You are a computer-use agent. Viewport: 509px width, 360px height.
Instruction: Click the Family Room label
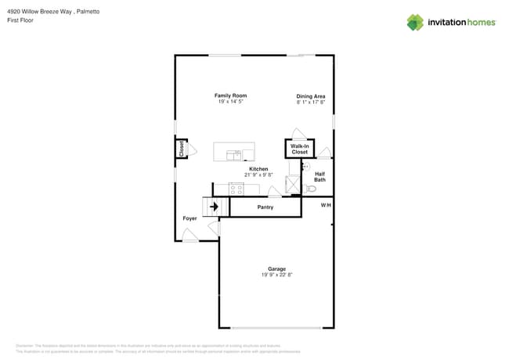(x=230, y=95)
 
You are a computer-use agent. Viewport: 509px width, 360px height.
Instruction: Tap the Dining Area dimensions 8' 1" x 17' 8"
(x=311, y=103)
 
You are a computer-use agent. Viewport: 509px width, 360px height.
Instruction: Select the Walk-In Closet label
(x=299, y=149)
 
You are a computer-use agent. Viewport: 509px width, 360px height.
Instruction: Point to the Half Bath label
(x=319, y=177)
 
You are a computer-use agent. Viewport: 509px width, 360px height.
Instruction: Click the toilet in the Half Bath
(x=311, y=189)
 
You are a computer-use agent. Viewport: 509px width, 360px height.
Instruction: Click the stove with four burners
(x=236, y=189)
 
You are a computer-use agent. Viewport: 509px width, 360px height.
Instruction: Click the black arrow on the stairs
(x=213, y=207)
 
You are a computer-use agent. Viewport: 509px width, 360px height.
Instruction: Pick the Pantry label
(x=265, y=207)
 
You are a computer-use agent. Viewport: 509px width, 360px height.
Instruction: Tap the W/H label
(x=326, y=205)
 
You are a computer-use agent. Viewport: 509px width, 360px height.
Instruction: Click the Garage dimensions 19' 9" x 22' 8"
(x=276, y=275)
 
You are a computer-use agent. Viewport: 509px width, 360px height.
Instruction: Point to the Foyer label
(x=190, y=218)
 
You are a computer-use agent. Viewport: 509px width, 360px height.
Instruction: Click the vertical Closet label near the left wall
(x=182, y=149)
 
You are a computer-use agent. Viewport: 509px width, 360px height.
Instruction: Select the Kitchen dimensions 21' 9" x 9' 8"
(x=258, y=175)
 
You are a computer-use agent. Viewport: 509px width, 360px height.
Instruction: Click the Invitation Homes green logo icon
(x=415, y=22)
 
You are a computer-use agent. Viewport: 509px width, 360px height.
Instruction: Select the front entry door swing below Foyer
(x=190, y=236)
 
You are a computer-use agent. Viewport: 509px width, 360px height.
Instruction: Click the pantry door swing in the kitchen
(x=274, y=193)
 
